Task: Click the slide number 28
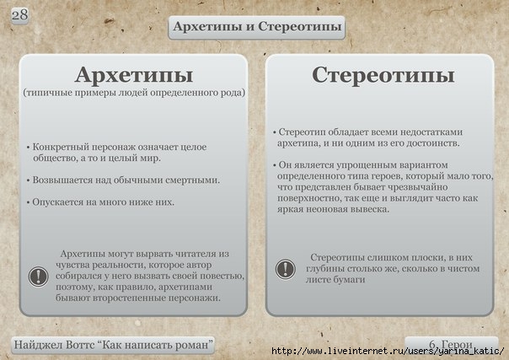click(x=19, y=15)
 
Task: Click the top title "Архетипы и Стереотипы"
click(x=257, y=27)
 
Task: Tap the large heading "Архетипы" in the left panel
click(x=134, y=75)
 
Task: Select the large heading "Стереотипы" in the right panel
click(x=383, y=75)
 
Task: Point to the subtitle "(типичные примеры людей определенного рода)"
click(x=134, y=93)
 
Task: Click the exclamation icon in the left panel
click(x=38, y=277)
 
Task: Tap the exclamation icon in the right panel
click(x=286, y=269)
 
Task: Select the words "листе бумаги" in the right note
click(x=335, y=280)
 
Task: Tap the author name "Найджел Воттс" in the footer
click(x=54, y=345)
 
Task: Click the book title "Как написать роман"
click(x=155, y=345)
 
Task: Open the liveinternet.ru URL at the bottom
click(x=388, y=351)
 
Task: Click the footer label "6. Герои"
click(x=451, y=344)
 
